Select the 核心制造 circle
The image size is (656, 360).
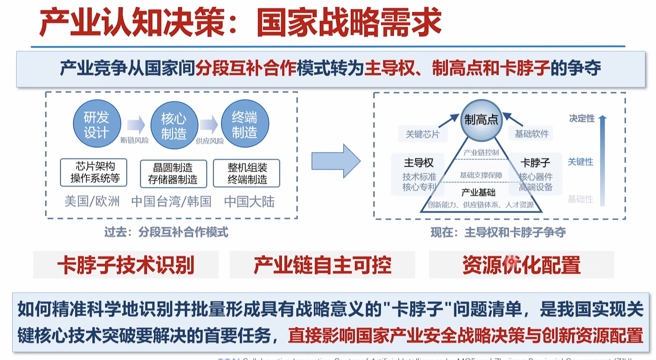[174, 125]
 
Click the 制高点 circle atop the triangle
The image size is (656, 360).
[481, 120]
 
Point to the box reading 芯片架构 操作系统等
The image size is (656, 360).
[94, 172]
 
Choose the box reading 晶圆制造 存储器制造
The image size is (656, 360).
[173, 173]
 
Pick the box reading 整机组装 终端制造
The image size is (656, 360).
[247, 173]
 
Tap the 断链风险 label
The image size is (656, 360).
[134, 140]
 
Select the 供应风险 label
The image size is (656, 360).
[210, 141]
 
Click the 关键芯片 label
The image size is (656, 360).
[423, 134]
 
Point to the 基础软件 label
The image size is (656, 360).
[532, 134]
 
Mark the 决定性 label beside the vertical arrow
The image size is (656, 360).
[582, 118]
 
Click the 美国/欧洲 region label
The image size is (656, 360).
[92, 202]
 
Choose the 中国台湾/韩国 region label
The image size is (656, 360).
[171, 202]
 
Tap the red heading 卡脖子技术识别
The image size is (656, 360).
[126, 265]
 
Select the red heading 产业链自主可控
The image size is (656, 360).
[322, 265]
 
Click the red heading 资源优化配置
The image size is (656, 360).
[521, 265]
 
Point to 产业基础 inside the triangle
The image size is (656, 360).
[478, 192]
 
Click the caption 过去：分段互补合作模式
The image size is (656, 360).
[166, 232]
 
